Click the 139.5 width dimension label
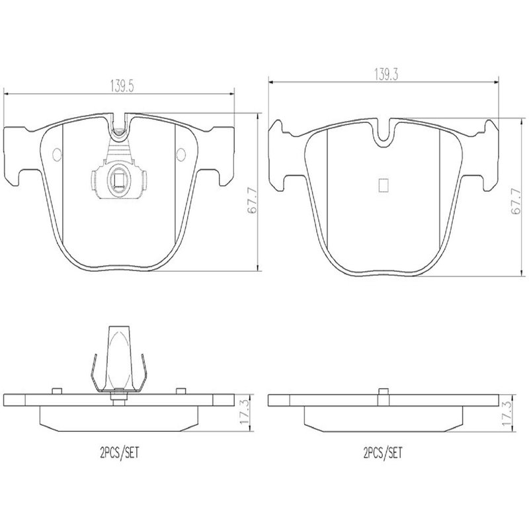(x=122, y=87)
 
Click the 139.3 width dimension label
(x=386, y=75)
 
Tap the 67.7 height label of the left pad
(x=253, y=201)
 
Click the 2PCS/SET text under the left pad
(x=120, y=452)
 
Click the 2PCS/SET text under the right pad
(x=383, y=452)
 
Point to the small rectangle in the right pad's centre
(x=384, y=185)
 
